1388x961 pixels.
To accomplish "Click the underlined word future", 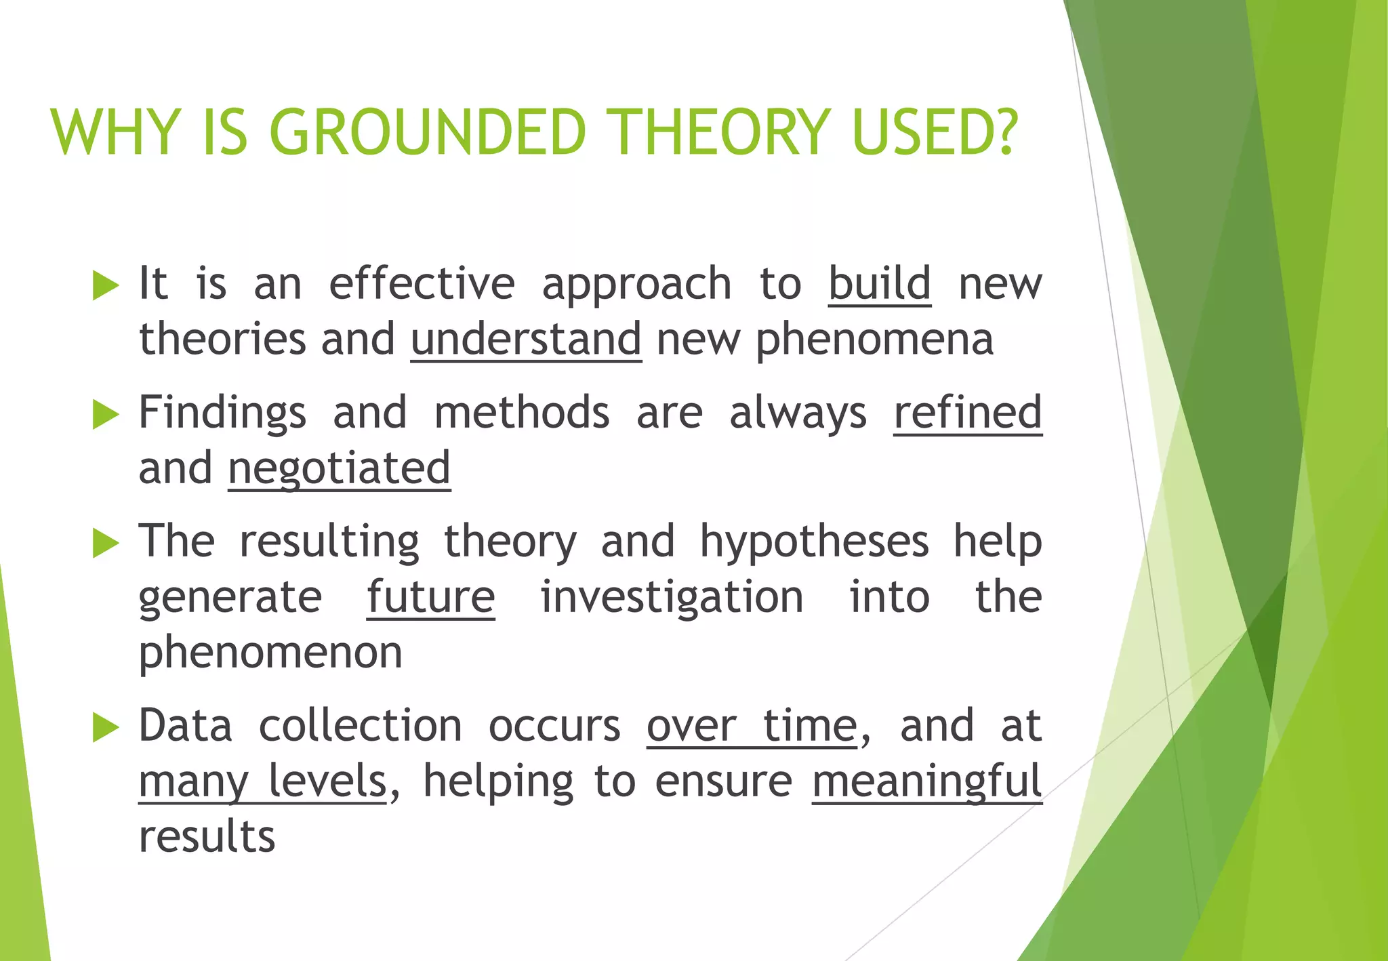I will (x=430, y=597).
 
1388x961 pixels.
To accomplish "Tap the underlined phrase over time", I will (x=752, y=726).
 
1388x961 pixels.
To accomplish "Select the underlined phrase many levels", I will (x=262, y=781).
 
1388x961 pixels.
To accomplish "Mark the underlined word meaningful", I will (x=926, y=781).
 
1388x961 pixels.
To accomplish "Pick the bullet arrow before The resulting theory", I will (x=105, y=543).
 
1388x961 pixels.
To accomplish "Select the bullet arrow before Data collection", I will (x=105, y=727).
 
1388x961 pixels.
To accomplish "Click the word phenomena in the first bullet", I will (x=874, y=340).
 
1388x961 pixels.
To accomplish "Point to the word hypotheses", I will (x=813, y=542).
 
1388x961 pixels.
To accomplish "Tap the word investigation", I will (x=672, y=597).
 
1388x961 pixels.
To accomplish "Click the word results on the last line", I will (x=207, y=837).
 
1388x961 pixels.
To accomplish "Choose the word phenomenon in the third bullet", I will (x=270, y=653).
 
